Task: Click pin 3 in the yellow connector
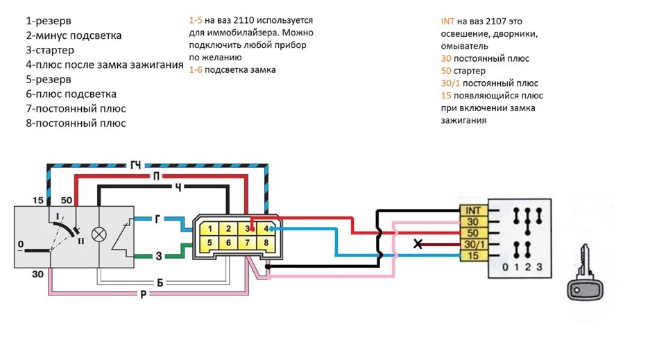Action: [247, 229]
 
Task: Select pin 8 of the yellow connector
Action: [266, 243]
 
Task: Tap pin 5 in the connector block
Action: [210, 243]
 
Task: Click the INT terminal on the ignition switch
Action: [472, 211]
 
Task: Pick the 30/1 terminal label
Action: [472, 244]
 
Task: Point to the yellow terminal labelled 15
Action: [472, 255]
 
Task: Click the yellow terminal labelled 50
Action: [472, 233]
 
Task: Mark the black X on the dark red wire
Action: [418, 244]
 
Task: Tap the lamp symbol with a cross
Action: [99, 234]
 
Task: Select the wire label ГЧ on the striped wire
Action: [136, 164]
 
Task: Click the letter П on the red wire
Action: [156, 175]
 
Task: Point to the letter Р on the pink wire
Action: [144, 294]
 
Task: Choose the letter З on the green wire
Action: [158, 256]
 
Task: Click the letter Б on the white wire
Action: [160, 283]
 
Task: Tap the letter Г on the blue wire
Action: [157, 219]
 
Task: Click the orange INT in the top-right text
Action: [447, 22]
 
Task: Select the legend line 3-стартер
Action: [50, 50]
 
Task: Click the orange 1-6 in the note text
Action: [196, 69]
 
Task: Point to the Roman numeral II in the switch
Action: [80, 241]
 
